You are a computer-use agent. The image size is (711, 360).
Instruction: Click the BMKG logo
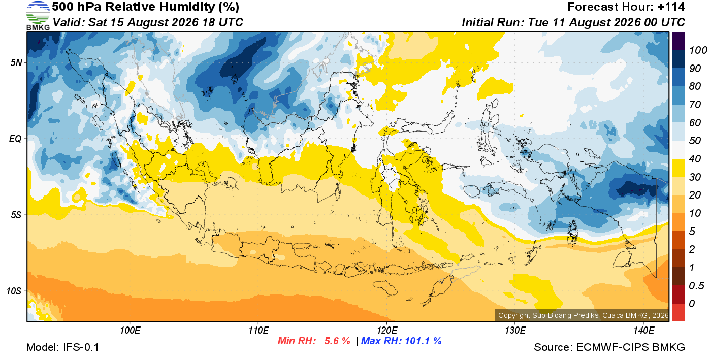[38, 16]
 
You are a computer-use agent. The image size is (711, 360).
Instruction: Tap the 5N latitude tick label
[16, 63]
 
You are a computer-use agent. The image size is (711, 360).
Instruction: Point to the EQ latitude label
[16, 139]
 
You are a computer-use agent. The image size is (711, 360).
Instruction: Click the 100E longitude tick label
[130, 331]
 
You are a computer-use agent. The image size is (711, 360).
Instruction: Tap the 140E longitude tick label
[643, 331]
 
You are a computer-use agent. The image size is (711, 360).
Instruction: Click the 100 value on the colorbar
[698, 50]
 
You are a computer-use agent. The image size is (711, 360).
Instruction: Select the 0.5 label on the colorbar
[696, 286]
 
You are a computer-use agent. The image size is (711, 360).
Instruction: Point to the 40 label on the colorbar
[695, 159]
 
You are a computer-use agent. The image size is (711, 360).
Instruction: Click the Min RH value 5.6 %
[337, 341]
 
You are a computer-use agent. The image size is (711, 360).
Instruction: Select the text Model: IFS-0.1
[62, 347]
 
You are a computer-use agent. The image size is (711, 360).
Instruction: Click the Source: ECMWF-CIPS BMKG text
[609, 347]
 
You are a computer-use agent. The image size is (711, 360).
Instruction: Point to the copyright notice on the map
[584, 315]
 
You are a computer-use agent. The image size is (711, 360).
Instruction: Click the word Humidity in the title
[187, 7]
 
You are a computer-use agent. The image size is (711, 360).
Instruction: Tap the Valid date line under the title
[148, 22]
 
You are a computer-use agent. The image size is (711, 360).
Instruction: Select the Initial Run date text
[573, 22]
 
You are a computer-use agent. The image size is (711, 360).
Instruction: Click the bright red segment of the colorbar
[678, 312]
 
